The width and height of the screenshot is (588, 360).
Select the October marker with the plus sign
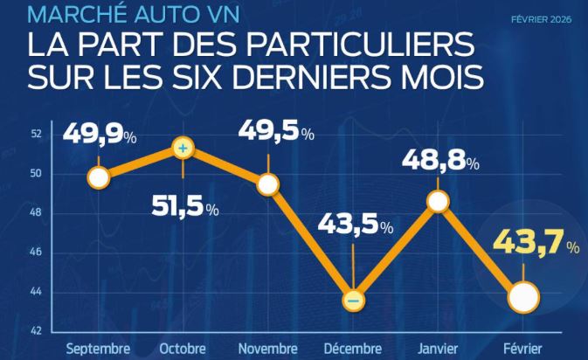[183, 149]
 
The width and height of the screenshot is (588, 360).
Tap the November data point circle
[268, 183]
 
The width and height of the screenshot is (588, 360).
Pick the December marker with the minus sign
[353, 300]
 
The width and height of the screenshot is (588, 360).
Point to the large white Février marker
[522, 297]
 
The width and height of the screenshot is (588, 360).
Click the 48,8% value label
[440, 162]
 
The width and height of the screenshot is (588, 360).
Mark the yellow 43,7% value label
[535, 247]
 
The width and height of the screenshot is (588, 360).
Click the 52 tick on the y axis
[36, 134]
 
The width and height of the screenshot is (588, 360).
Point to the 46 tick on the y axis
[36, 253]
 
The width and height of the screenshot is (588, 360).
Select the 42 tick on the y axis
[36, 331]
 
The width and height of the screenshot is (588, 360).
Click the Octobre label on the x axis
[183, 349]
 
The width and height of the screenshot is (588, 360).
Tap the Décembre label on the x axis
[353, 349]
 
